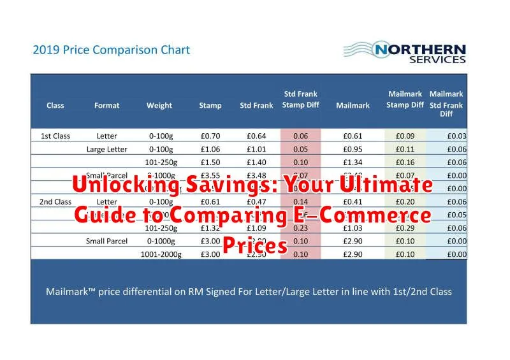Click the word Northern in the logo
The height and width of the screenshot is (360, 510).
tap(420, 49)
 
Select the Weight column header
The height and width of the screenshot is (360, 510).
tap(159, 106)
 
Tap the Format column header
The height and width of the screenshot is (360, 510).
tap(106, 106)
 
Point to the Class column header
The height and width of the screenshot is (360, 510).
tap(55, 106)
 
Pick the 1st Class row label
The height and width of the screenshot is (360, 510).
tap(55, 136)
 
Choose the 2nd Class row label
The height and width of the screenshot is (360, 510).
tap(55, 202)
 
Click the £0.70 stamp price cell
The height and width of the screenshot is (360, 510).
tap(210, 136)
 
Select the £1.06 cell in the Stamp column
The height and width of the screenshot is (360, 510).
tap(210, 149)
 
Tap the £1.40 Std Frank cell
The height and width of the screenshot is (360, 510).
tap(256, 162)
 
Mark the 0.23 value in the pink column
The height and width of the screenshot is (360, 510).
tap(300, 228)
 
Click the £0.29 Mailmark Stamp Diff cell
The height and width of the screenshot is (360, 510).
tap(405, 228)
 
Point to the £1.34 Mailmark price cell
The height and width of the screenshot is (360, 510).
tap(353, 162)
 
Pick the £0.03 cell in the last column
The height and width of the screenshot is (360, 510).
tap(456, 136)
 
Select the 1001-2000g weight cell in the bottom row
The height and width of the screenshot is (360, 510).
tap(161, 255)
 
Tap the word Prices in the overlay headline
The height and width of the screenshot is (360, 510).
tap(255, 245)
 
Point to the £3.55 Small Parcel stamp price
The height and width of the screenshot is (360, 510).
tap(210, 175)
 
